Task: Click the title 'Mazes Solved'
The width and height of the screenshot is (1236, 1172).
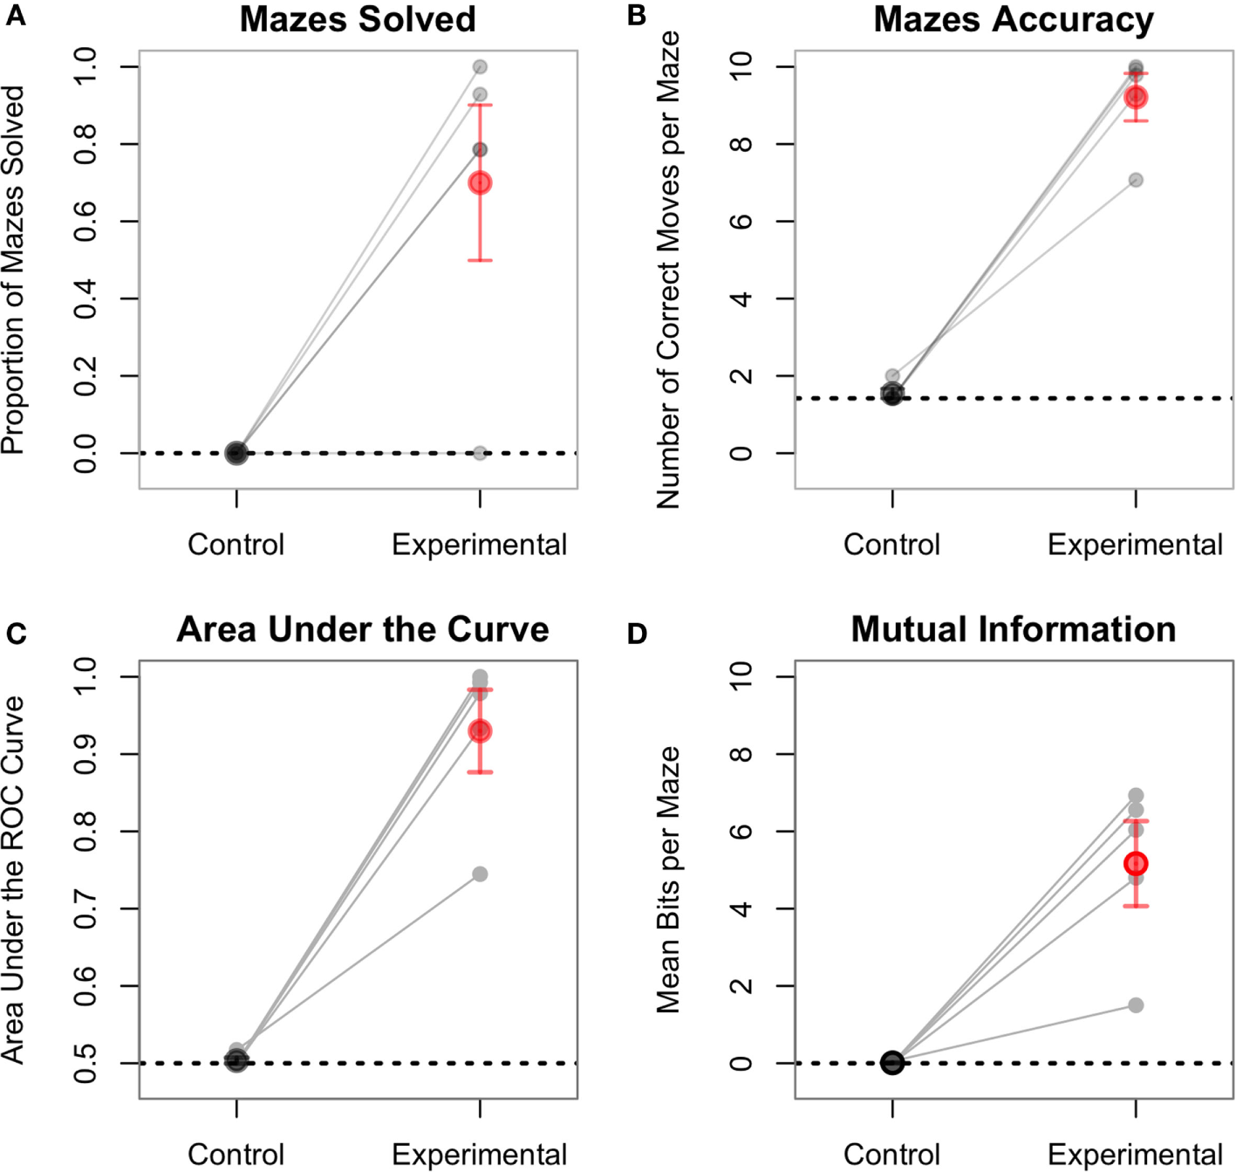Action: pos(358,20)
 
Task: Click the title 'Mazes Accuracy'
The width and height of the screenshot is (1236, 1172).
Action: pos(1014,20)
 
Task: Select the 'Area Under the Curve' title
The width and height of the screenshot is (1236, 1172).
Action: pos(363,629)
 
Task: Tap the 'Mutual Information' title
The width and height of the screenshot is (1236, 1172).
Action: pos(1014,629)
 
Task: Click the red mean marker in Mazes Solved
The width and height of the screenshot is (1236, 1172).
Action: pos(480,182)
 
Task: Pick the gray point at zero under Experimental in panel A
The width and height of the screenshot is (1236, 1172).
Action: pos(480,453)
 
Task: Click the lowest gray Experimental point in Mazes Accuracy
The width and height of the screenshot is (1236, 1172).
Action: pos(1136,180)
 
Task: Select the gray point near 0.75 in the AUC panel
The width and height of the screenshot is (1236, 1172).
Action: pos(480,874)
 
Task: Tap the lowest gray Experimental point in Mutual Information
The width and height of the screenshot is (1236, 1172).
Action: pos(1136,1005)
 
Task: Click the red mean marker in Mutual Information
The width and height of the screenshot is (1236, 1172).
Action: pos(1136,864)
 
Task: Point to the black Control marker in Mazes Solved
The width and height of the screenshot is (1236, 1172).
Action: pos(236,453)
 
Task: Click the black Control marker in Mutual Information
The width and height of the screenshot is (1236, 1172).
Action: pos(892,1062)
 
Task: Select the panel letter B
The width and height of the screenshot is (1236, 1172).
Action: pos(637,17)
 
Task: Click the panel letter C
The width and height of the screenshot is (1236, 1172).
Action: pos(16,634)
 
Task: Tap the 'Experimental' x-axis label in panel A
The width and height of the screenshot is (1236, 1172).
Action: pos(479,545)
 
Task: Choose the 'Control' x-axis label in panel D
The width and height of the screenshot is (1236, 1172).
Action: pos(891,1155)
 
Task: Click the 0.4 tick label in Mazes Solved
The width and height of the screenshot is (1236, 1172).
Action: pos(85,298)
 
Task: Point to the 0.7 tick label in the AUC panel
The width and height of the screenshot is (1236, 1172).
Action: pos(85,908)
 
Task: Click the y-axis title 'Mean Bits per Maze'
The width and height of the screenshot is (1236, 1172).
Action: pos(668,880)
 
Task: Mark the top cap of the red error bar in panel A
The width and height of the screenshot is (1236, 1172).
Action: pos(480,105)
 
